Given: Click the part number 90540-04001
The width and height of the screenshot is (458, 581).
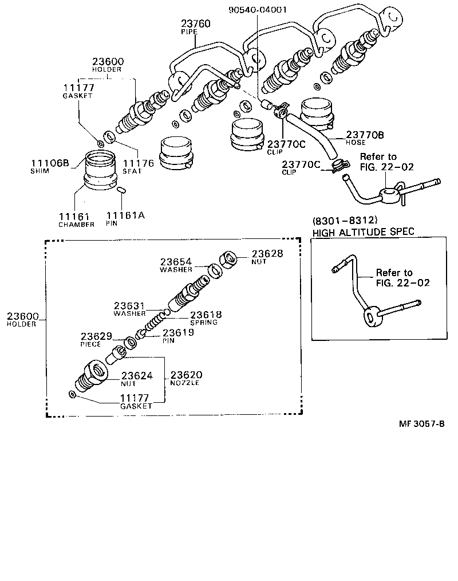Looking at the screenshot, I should click(258, 9).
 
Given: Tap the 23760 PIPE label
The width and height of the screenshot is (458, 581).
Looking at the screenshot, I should click(196, 28).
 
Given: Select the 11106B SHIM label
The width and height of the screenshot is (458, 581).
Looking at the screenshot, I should click(50, 166).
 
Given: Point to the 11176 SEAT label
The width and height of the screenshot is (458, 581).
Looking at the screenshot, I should click(138, 166).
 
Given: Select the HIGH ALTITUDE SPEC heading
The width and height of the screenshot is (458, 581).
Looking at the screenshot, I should click(362, 232).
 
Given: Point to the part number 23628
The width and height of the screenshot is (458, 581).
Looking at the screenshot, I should click(269, 253).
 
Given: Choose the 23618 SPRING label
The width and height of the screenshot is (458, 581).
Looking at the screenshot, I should click(205, 317).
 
